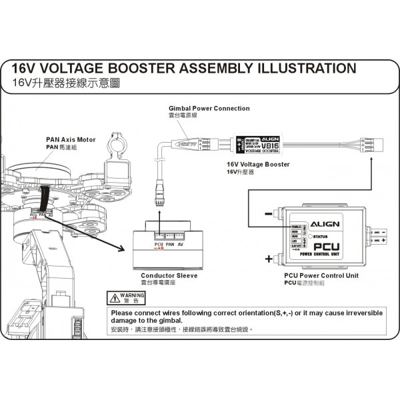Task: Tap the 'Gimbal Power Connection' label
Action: coord(209,108)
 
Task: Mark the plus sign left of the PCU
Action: coord(269,259)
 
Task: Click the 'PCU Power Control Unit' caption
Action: coord(322,275)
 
